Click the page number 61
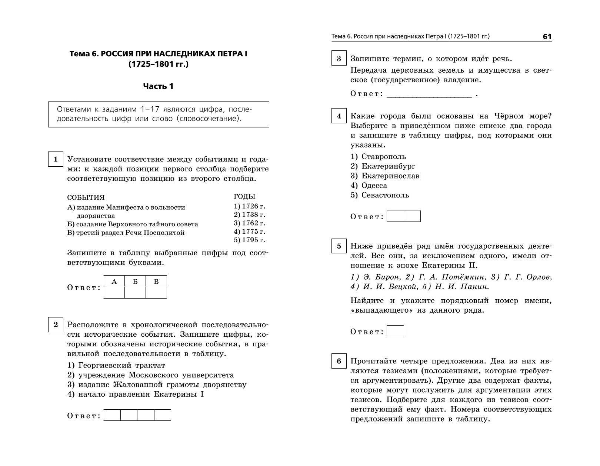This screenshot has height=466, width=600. tap(547, 37)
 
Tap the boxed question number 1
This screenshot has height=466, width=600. tap(56, 159)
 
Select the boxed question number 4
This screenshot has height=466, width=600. tap(339, 116)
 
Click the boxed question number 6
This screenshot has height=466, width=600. tap(339, 361)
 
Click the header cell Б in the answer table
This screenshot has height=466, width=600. tap(135, 282)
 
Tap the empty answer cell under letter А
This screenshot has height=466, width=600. tap(114, 293)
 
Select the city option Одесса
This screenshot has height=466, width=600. tap(374, 186)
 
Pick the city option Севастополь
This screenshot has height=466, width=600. tap(385, 195)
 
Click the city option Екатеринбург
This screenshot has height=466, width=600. tap(388, 166)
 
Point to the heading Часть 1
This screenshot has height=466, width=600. tap(159, 86)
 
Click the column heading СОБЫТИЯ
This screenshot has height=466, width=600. tap(86, 197)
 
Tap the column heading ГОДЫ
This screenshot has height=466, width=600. tap(244, 197)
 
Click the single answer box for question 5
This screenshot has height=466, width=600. tap(395, 331)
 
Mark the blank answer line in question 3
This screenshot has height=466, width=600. tap(429, 94)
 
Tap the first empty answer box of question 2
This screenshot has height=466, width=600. tap(112, 415)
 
